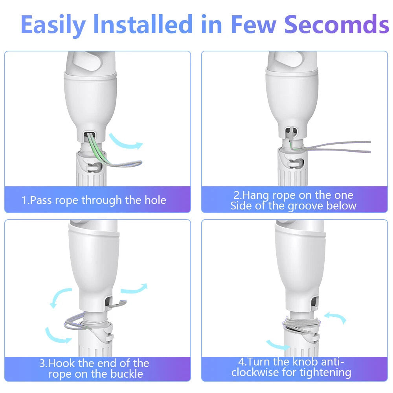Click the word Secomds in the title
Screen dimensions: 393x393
(337, 24)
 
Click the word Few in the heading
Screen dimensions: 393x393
(253, 24)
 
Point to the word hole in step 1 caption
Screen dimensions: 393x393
(156, 200)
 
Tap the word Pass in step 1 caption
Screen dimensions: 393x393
(40, 200)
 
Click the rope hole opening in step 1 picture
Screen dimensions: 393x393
(90, 137)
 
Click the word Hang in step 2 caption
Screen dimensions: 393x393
(255, 195)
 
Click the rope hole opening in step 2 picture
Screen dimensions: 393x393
(291, 132)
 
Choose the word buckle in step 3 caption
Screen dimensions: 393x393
(127, 374)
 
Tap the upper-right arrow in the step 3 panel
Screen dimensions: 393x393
(134, 288)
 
